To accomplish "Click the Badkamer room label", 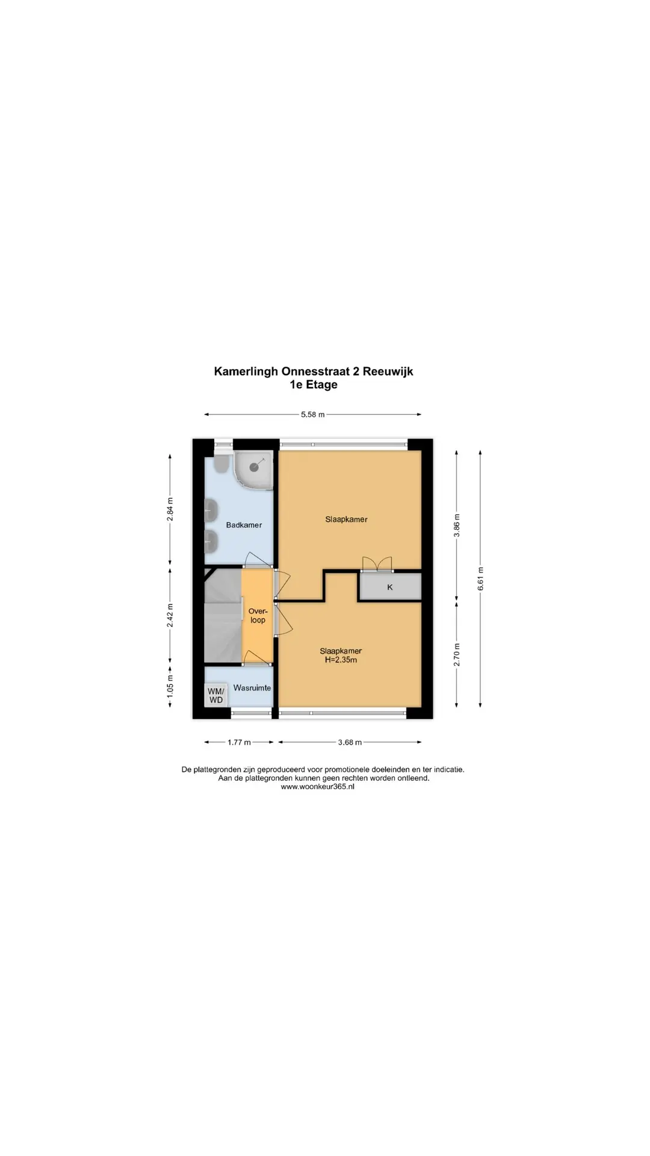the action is pos(244,525).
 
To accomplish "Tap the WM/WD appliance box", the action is pos(215,695).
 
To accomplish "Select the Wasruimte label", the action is pos(252,688).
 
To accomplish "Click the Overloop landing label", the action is pos(258,615).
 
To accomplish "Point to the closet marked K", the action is pos(390,586).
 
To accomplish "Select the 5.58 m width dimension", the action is pos(313,414).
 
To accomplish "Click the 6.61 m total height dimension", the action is pos(480,579).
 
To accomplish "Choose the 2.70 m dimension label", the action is pos(457,654).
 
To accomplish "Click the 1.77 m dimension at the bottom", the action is pos(239,742).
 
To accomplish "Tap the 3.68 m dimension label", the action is pos(350,742).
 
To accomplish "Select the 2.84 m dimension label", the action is pos(170,509).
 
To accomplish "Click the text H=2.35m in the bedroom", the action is pos(341,660).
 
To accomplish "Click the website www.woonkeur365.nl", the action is pos(317,786).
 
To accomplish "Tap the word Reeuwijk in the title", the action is pos(388,371).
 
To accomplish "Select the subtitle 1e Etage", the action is pos(314,385).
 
